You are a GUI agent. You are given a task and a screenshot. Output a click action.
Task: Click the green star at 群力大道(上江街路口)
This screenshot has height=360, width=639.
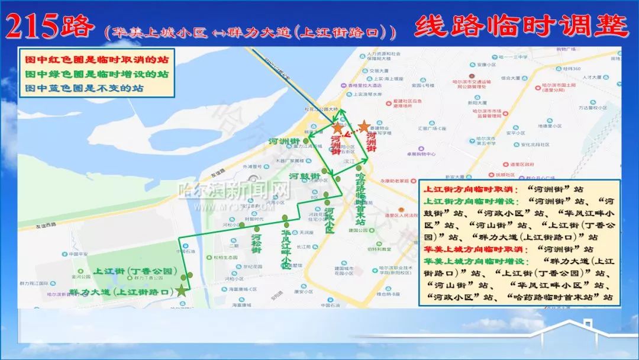point(181,291)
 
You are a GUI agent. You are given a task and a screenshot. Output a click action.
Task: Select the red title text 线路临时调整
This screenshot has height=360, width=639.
point(521,26)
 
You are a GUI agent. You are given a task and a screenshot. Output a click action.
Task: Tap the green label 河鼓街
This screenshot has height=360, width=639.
point(305,176)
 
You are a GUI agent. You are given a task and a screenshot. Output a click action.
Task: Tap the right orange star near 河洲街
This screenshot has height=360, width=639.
point(363,126)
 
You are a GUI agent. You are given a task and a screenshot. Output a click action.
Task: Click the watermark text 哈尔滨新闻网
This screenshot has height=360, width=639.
point(235,190)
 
